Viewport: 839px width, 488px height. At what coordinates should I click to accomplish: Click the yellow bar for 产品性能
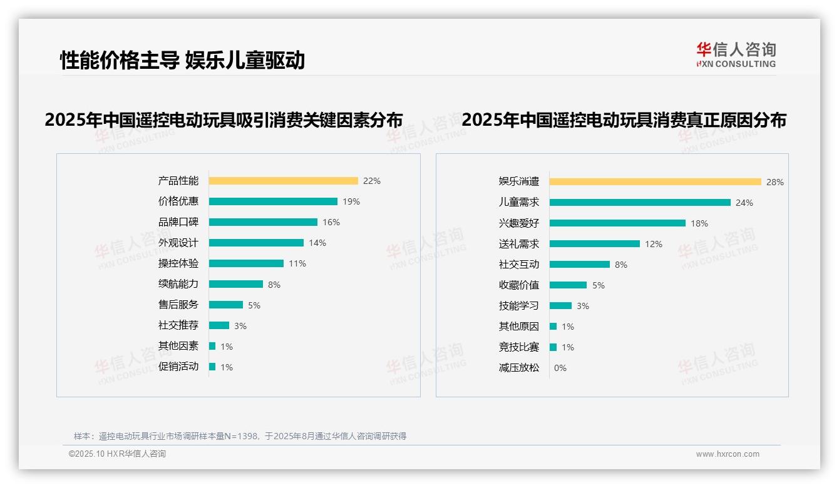[283, 181]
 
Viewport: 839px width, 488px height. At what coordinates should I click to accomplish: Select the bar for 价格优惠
[273, 201]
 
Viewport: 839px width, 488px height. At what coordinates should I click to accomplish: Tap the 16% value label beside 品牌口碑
[331, 222]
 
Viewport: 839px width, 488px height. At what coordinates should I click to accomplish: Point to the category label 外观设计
[178, 243]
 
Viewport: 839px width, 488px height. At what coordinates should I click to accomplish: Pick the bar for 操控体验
[246, 263]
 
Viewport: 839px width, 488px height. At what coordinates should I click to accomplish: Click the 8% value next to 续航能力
[274, 285]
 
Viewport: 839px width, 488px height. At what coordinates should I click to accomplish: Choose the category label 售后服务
[178, 305]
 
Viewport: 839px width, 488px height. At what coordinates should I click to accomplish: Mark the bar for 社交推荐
[219, 325]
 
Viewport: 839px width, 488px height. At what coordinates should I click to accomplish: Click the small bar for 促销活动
[212, 367]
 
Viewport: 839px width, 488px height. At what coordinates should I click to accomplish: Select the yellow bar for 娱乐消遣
[655, 182]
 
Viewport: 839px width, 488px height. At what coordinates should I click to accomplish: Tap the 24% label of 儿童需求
[744, 203]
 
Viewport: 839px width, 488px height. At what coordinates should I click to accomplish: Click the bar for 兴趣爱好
[617, 223]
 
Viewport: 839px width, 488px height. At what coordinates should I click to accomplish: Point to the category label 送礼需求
[519, 243]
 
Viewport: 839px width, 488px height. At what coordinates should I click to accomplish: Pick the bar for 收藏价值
[568, 285]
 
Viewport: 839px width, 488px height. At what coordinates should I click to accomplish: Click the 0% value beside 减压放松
[560, 368]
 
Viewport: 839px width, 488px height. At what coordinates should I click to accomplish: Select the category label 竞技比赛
[519, 347]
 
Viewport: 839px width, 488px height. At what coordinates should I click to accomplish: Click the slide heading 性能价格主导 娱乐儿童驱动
[182, 60]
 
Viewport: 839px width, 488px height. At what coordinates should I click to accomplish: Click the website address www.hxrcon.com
[728, 454]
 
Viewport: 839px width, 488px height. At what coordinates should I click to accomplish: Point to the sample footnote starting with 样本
[240, 436]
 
